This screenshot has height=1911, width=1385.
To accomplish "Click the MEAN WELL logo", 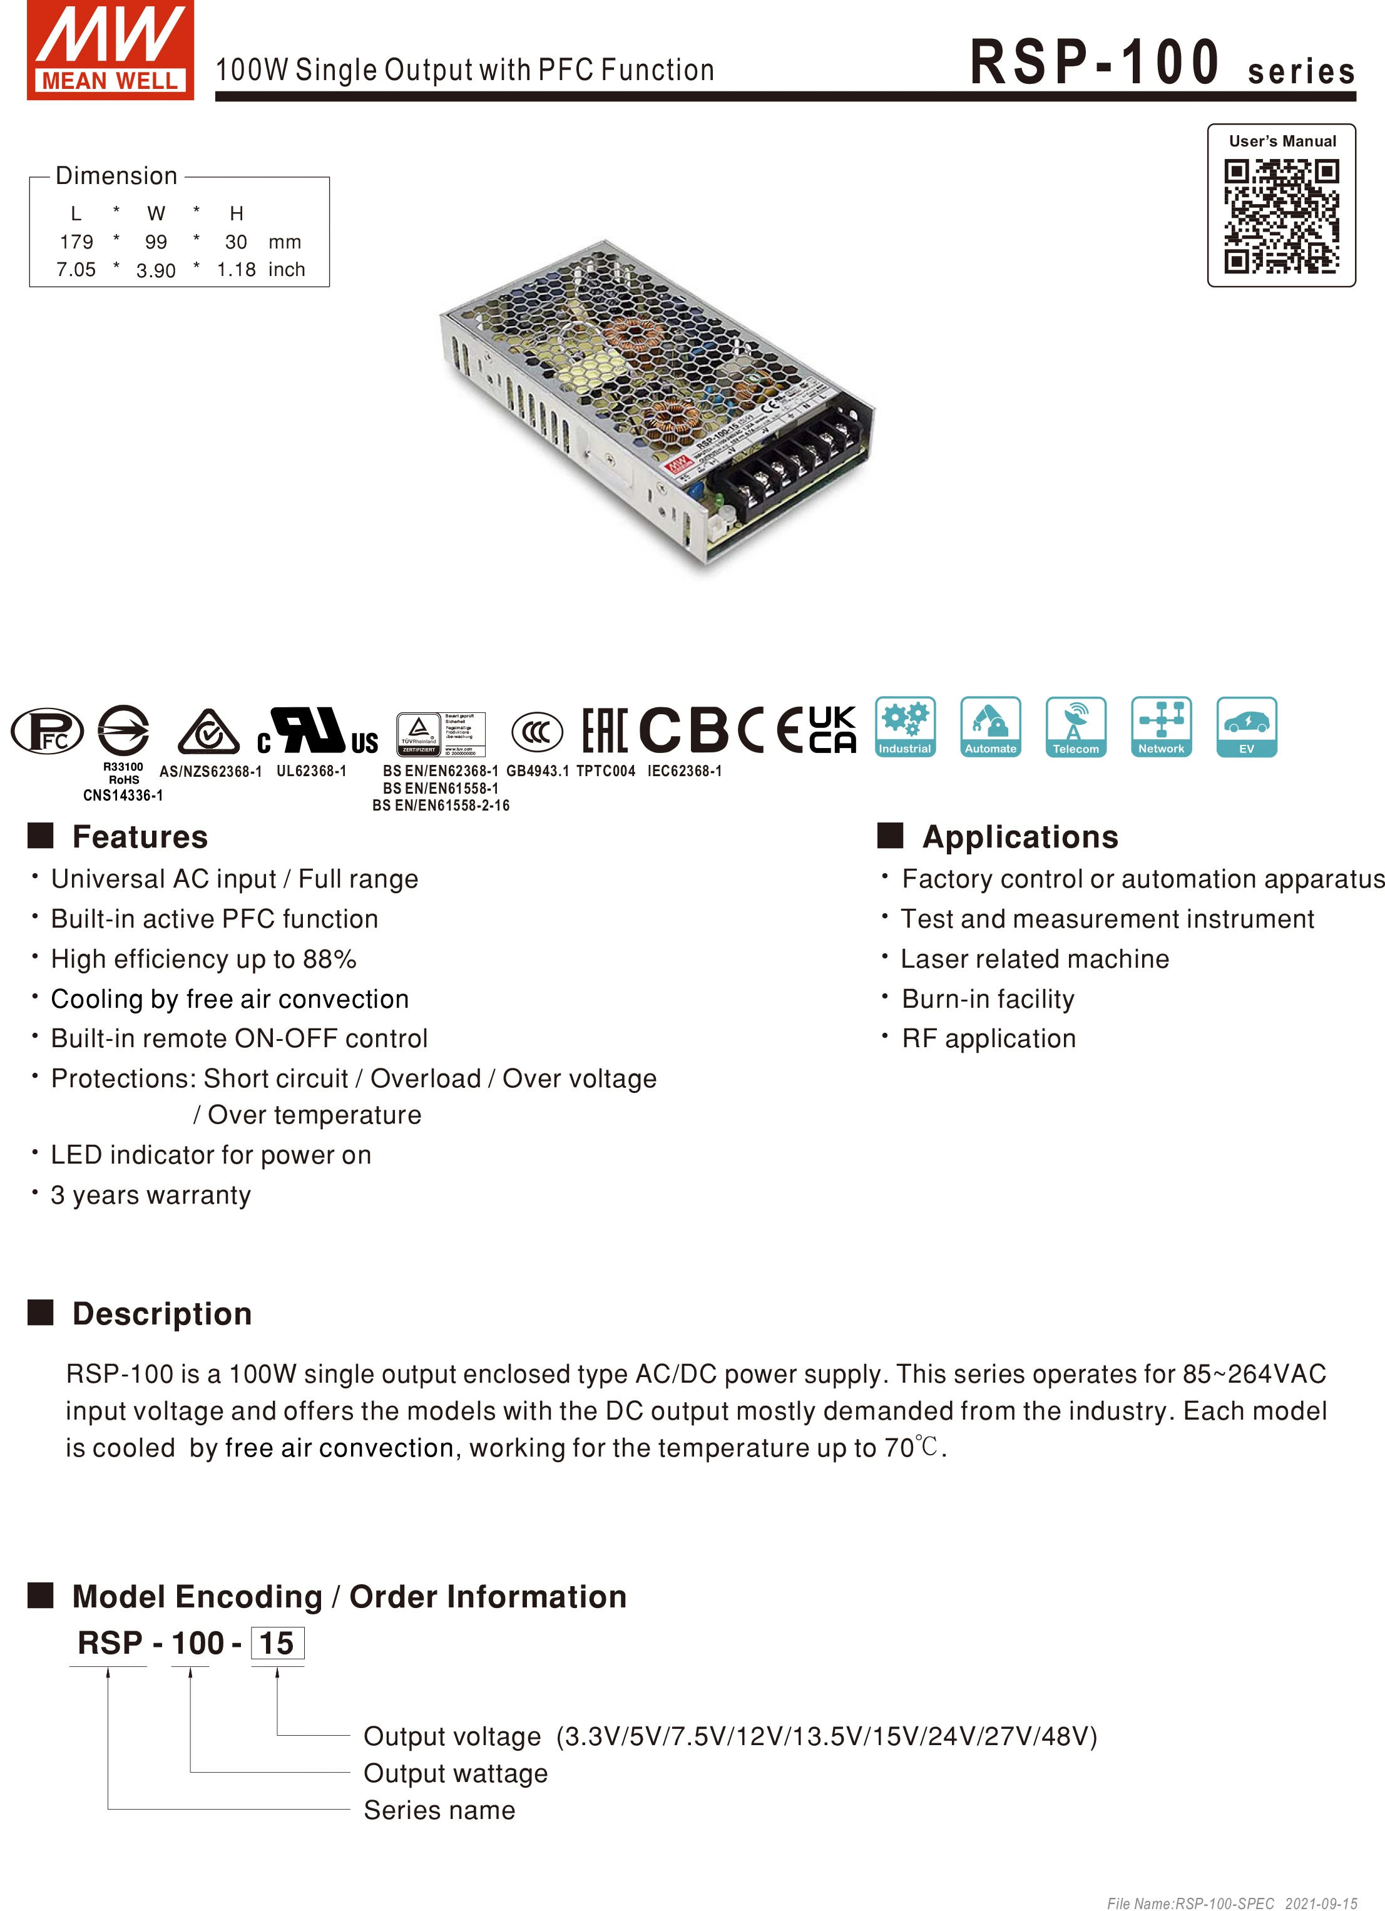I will pyautogui.click(x=110, y=49).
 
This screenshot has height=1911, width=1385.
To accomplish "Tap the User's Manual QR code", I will pyautogui.click(x=1280, y=217).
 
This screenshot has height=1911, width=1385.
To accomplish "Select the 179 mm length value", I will pyautogui.click(x=76, y=242).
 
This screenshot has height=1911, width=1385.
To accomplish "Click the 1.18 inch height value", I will pyautogui.click(x=236, y=270).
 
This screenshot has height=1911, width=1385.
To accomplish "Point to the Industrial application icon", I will pyautogui.click(x=905, y=726).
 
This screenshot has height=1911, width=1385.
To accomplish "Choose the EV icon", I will pyautogui.click(x=1246, y=726).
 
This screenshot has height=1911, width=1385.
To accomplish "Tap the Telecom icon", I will pyautogui.click(x=1076, y=726).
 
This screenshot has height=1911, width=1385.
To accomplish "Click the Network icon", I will pyautogui.click(x=1161, y=726).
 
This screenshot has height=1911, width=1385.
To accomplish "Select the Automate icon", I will pyautogui.click(x=991, y=726).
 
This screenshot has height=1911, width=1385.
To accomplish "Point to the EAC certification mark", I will pyautogui.click(x=604, y=730).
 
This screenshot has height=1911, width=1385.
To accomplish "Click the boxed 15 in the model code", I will pyautogui.click(x=277, y=1643).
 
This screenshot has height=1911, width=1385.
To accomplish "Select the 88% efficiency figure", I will pyautogui.click(x=332, y=959).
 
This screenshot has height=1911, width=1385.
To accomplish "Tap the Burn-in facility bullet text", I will pyautogui.click(x=988, y=998).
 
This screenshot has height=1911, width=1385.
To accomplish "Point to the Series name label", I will pyautogui.click(x=439, y=1810).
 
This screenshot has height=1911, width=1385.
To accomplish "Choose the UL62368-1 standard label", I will pyautogui.click(x=311, y=771).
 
